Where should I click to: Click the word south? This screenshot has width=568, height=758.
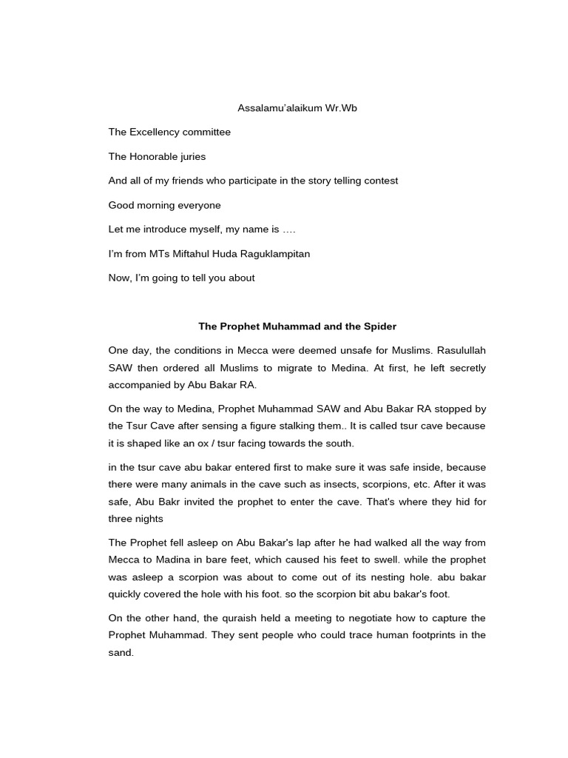click(341, 443)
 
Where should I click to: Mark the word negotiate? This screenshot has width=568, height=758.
click(368, 618)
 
